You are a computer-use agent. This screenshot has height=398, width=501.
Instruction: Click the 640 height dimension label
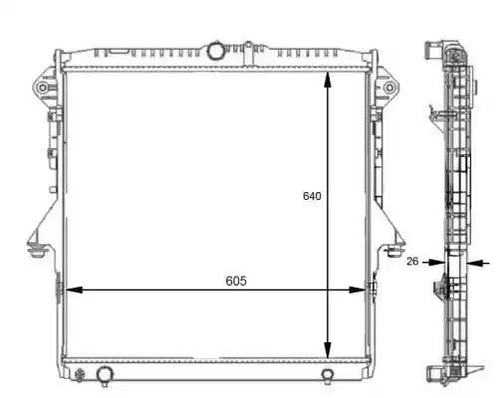tap(312, 196)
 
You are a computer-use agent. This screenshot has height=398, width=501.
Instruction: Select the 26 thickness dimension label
tap(412, 262)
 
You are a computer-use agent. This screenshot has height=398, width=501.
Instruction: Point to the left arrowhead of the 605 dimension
tap(71, 290)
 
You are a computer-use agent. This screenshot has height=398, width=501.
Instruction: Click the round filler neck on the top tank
tap(215, 50)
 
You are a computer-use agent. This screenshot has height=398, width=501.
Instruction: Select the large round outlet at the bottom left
tap(104, 374)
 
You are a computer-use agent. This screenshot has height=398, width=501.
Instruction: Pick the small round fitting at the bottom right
tap(328, 375)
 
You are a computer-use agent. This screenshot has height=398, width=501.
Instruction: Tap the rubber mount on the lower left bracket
tap(37, 248)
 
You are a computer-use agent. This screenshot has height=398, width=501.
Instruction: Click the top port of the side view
tap(434, 49)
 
